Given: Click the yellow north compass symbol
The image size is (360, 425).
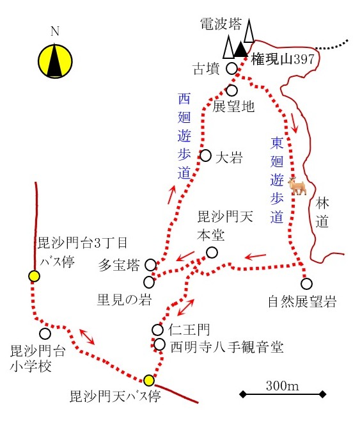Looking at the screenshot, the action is click(x=55, y=61).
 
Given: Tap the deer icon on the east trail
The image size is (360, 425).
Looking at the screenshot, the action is click(x=297, y=186).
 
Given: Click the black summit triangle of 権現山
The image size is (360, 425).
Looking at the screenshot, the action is click(x=240, y=49).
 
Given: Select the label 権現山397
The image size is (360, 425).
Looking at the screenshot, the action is click(x=283, y=59).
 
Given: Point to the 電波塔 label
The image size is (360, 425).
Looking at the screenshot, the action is click(x=221, y=24).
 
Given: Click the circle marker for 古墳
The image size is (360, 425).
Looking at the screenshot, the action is click(x=231, y=68).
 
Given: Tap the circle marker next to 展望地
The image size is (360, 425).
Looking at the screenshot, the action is click(x=231, y=90).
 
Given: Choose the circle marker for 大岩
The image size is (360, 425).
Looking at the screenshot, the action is click(x=206, y=156).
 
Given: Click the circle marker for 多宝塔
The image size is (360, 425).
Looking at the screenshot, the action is click(x=151, y=264).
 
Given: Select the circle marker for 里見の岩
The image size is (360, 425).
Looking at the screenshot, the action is click(x=149, y=282).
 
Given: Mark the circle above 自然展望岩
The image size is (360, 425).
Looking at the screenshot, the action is click(x=306, y=284).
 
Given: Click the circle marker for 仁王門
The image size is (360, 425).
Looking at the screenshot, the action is click(x=157, y=330).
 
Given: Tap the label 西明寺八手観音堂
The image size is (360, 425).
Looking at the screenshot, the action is click(x=227, y=347).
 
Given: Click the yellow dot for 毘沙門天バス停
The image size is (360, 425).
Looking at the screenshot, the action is click(x=149, y=380).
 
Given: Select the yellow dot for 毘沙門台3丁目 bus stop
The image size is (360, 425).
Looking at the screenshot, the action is click(x=34, y=277).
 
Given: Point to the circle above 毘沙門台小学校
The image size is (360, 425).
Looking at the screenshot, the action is click(x=45, y=333).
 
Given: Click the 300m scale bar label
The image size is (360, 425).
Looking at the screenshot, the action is click(x=283, y=385).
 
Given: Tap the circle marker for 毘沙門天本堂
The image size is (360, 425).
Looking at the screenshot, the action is click(x=212, y=252).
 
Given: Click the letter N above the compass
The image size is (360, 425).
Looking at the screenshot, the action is click(x=55, y=31).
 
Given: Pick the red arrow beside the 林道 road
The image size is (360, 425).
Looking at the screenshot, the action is click(x=294, y=123).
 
